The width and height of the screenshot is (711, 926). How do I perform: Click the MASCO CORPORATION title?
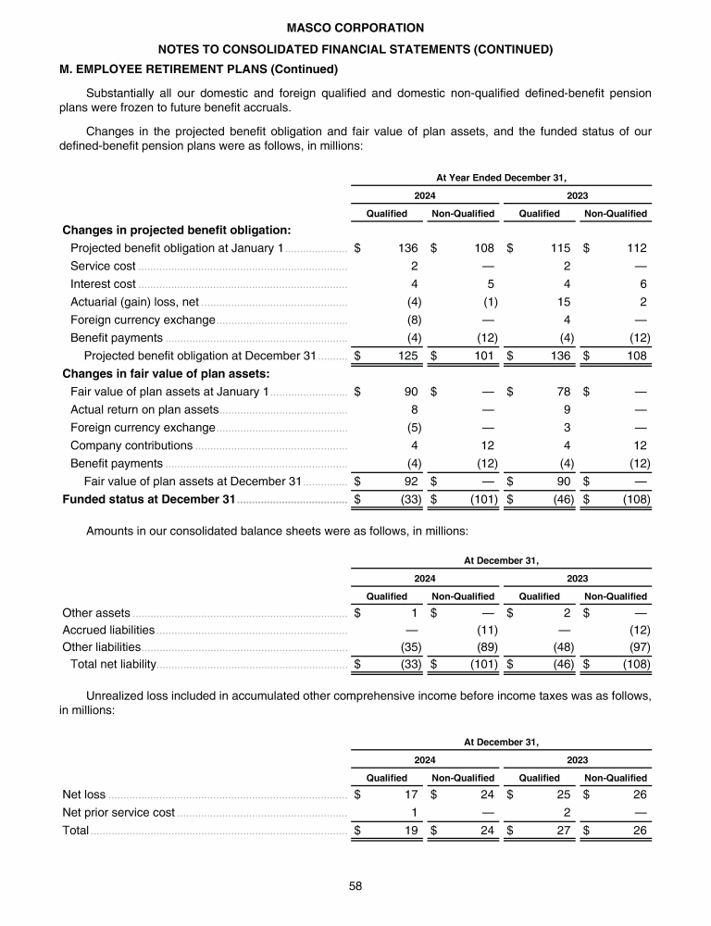coord(355,29)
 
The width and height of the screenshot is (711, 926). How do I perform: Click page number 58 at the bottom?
coord(355,886)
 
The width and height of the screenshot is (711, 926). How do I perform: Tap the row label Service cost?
coord(104,266)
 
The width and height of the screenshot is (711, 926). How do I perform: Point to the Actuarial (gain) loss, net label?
coord(135,302)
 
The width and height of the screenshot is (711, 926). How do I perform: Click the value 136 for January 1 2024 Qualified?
coord(408,248)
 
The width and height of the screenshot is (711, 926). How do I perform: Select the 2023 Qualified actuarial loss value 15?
coord(562,302)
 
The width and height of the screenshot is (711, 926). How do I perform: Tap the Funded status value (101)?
coord(482,500)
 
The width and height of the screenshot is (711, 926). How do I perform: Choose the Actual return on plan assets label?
coord(144,409)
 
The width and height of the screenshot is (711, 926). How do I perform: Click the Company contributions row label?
coord(131,445)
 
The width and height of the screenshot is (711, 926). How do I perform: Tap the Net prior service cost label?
coord(118,812)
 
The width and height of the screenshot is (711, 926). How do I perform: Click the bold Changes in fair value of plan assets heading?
coord(166,374)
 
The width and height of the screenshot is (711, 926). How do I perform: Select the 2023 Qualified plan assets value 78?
coord(563,392)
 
